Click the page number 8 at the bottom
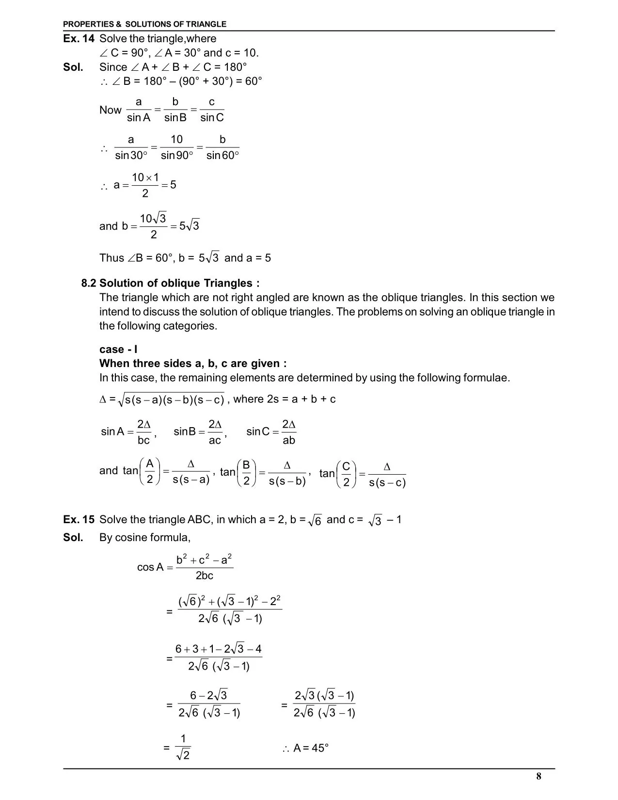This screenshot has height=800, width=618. pyautogui.click(x=539, y=776)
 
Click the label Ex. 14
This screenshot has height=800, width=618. pyautogui.click(x=78, y=39)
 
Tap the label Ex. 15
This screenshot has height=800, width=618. pyautogui.click(x=79, y=520)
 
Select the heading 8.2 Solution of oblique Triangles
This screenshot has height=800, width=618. pyautogui.click(x=170, y=283)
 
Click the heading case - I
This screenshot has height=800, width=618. pyautogui.click(x=118, y=350)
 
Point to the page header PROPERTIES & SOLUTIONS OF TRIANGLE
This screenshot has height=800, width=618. pyautogui.click(x=144, y=24)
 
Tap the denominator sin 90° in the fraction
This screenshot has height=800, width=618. pyautogui.click(x=176, y=156)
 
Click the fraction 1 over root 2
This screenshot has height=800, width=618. pyautogui.click(x=183, y=747)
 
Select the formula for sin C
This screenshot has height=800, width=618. pyautogui.click(x=271, y=432)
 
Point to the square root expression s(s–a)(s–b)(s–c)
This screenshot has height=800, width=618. pyautogui.click(x=174, y=400)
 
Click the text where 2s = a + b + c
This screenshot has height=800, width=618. pyautogui.click(x=284, y=399)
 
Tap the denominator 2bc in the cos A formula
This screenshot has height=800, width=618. pyautogui.click(x=204, y=576)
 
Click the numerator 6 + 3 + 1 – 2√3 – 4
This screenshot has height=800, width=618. pyautogui.click(x=218, y=649)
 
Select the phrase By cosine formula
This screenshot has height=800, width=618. pyautogui.click(x=144, y=537)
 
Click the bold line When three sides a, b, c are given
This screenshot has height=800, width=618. pyautogui.click(x=192, y=364)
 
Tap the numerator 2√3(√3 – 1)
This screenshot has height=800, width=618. pyautogui.click(x=324, y=696)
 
